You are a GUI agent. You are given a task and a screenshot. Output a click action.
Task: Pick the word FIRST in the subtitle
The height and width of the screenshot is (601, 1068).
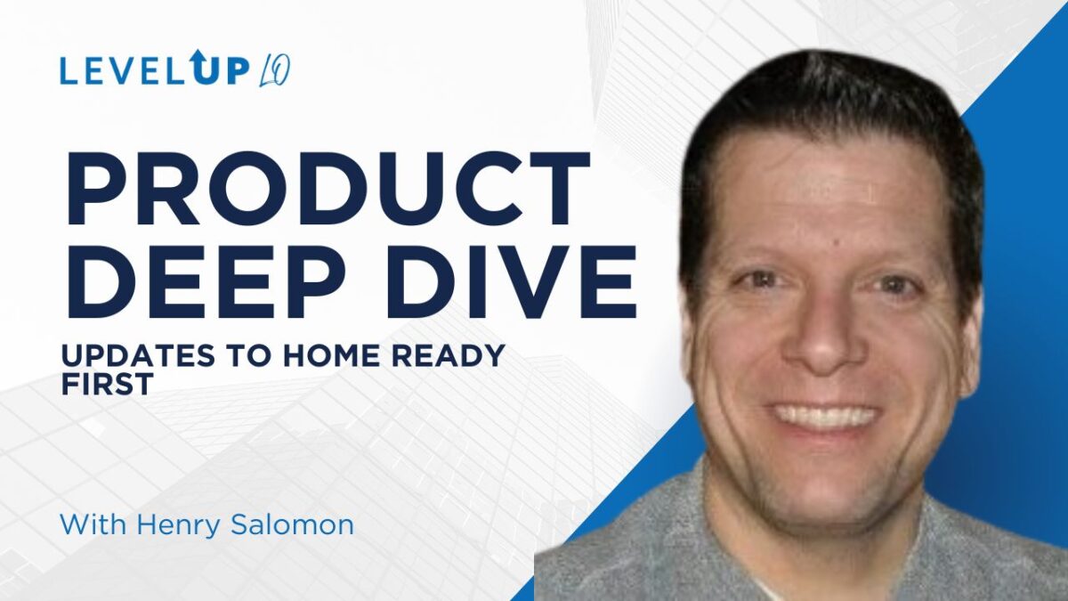tap(108, 384)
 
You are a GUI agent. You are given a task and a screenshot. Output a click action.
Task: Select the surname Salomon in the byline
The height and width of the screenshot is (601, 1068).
tap(292, 524)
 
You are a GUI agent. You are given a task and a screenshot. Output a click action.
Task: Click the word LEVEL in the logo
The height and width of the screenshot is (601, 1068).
tap(122, 72)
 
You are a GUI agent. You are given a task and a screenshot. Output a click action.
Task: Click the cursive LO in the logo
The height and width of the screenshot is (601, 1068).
tap(275, 72)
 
